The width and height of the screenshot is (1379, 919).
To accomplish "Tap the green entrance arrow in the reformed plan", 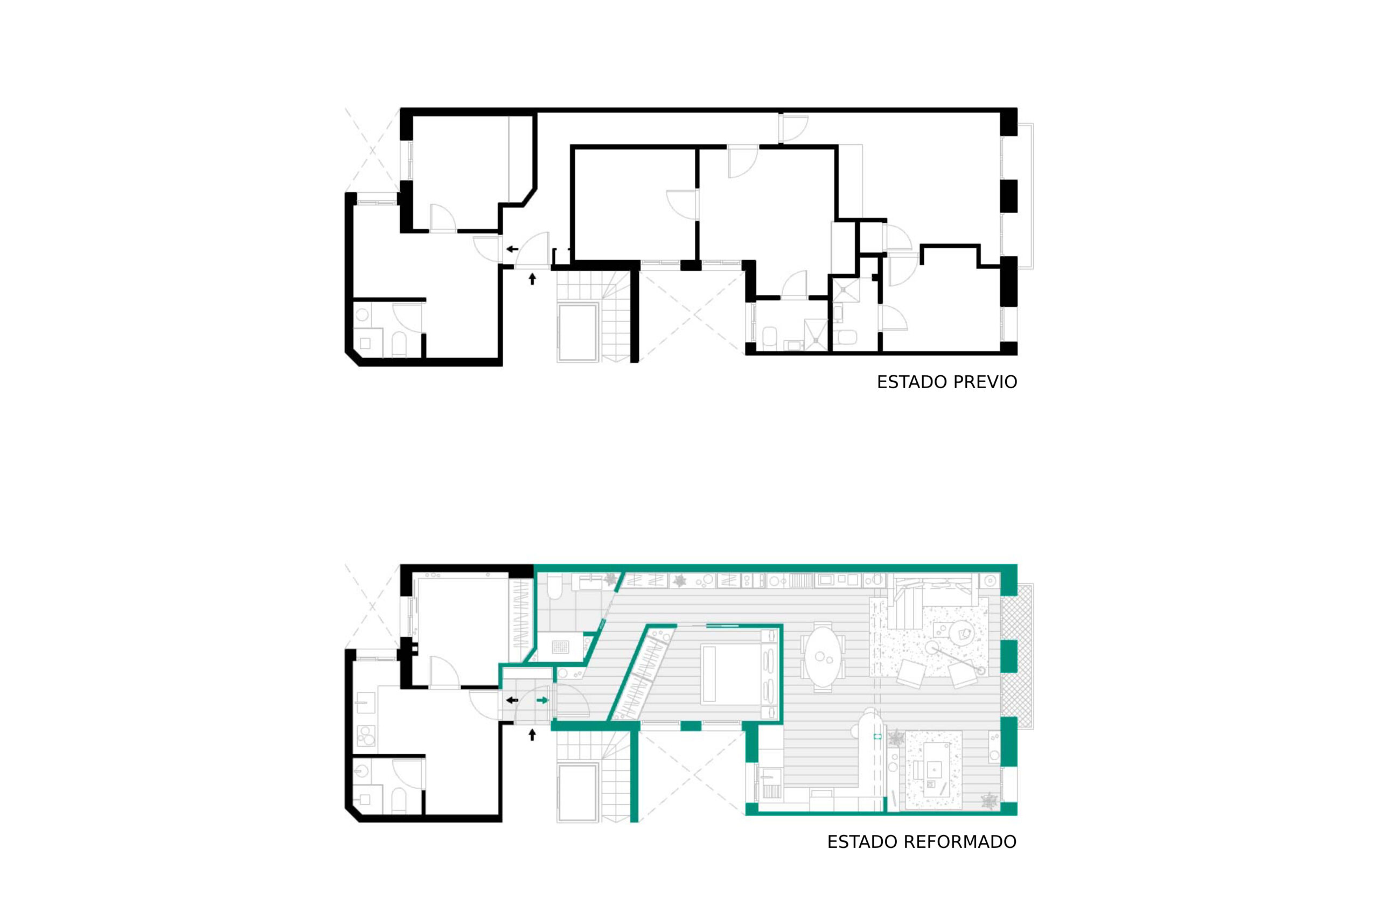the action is coord(542,700).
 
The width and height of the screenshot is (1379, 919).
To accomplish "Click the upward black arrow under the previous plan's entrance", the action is coord(532,279).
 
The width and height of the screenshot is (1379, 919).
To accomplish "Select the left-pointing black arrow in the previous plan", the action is coord(512,249).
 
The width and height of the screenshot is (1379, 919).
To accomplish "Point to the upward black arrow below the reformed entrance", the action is coord(532,735).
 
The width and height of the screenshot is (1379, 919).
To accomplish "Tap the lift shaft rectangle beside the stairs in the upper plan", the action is coord(578,332).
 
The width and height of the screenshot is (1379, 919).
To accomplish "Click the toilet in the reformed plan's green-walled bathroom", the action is coord(555,586).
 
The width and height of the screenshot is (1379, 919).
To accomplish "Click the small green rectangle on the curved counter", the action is coord(877,735).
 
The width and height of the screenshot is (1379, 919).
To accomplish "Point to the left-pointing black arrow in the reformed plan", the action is coord(512,700).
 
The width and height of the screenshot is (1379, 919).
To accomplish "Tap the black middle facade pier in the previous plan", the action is coord(1008,196).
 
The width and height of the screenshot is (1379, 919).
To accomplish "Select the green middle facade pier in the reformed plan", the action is coord(1008,656).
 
